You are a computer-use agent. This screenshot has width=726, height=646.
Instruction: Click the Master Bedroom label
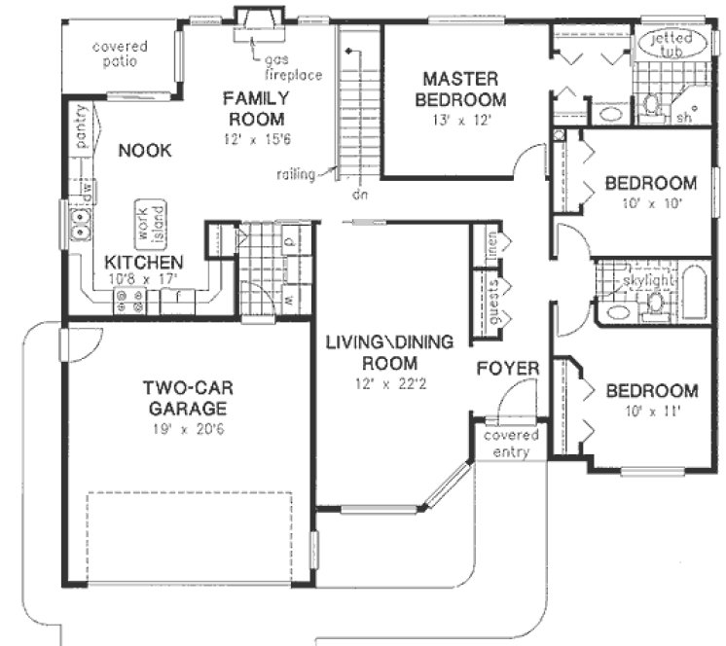coord(460,89)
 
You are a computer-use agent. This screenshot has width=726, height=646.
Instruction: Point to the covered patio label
coord(121,54)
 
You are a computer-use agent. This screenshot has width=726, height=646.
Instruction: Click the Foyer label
coord(508,369)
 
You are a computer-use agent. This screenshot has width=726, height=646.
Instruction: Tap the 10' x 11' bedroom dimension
coord(651,412)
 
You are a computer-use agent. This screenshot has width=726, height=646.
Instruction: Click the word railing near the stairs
coord(296,174)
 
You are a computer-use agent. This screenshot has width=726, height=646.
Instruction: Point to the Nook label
coord(145,151)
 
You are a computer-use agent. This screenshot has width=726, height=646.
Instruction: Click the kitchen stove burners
coord(127,305)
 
